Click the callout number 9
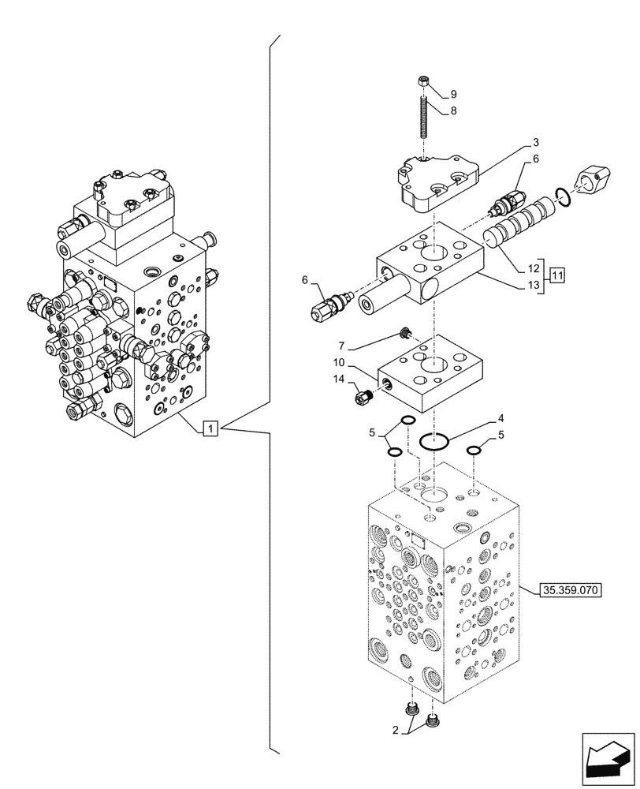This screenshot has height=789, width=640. (x=453, y=92)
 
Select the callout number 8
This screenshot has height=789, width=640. (x=453, y=111)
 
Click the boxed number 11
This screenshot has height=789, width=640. (x=557, y=275)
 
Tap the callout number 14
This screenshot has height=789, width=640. (x=338, y=380)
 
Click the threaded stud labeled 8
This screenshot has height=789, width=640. (x=425, y=118)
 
